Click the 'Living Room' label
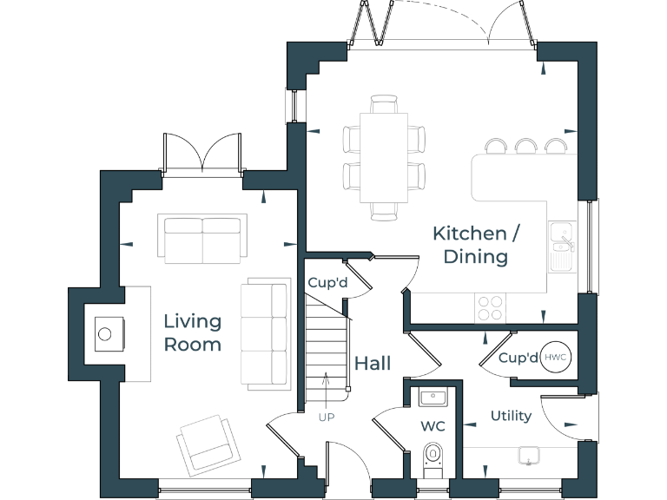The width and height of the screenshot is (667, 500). point(192,332)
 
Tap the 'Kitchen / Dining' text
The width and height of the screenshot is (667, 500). point(469,244)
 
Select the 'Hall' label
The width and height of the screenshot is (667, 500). point(372,363)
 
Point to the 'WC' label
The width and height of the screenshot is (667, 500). point(433,427)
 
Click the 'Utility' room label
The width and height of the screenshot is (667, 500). point(511,416)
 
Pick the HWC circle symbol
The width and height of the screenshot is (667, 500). point(555,358)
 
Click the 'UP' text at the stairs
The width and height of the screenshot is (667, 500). point(326,417)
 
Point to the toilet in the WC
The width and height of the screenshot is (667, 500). point(433,458)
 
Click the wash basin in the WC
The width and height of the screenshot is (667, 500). point(433,398)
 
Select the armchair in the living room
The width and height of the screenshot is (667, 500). point(209,440)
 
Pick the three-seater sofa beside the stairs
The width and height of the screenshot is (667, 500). point(267,332)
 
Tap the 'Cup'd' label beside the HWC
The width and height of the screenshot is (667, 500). point(518,358)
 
